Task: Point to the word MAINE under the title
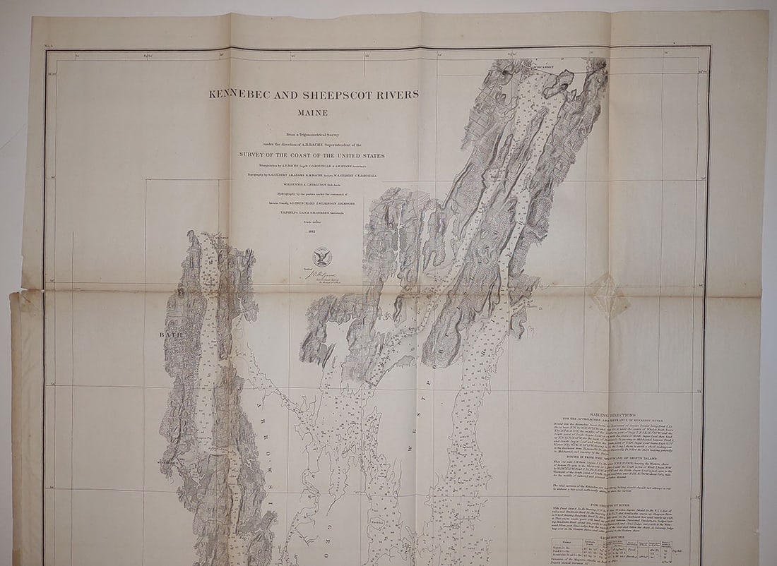pyautogui.click(x=314, y=111)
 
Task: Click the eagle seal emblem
pyautogui.click(x=322, y=256)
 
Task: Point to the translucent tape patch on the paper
pyautogui.click(x=609, y=296)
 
